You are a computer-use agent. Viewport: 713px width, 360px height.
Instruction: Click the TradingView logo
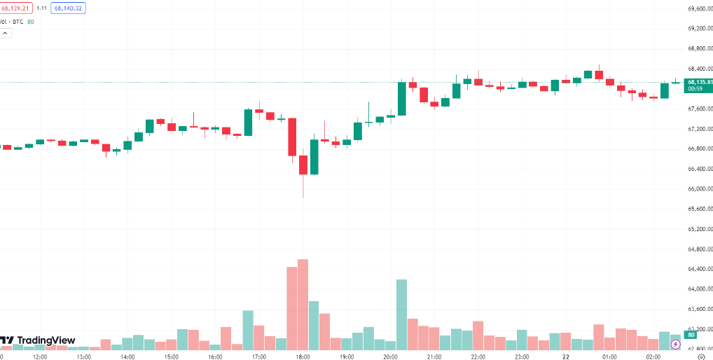tap(38, 340)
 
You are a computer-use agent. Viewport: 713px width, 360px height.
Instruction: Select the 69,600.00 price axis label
tap(697, 8)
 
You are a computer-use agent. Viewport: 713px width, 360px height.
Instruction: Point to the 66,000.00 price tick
tap(697, 189)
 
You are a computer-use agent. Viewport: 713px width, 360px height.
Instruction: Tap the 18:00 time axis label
tap(303, 356)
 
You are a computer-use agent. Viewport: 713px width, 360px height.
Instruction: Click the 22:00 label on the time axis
tap(478, 356)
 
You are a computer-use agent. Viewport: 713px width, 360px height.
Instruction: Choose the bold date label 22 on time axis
tap(566, 356)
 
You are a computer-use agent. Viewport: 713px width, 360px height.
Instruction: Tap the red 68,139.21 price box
tap(15, 8)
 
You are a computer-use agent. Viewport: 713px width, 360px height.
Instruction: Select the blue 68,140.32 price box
tap(68, 8)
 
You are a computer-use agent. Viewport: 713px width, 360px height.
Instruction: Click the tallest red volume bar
tap(303, 304)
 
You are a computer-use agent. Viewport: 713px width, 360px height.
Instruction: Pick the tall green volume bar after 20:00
tap(402, 314)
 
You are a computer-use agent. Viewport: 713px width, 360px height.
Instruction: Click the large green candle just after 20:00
tap(402, 99)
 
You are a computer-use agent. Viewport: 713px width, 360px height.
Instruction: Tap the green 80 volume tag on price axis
tap(691, 335)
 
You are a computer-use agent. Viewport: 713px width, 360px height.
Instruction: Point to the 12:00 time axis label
tap(40, 356)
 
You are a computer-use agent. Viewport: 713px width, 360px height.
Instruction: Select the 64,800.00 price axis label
tap(697, 249)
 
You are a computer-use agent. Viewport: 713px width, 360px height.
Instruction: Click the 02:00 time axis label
tap(653, 356)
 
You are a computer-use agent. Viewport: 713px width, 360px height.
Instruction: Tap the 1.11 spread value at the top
tap(41, 8)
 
